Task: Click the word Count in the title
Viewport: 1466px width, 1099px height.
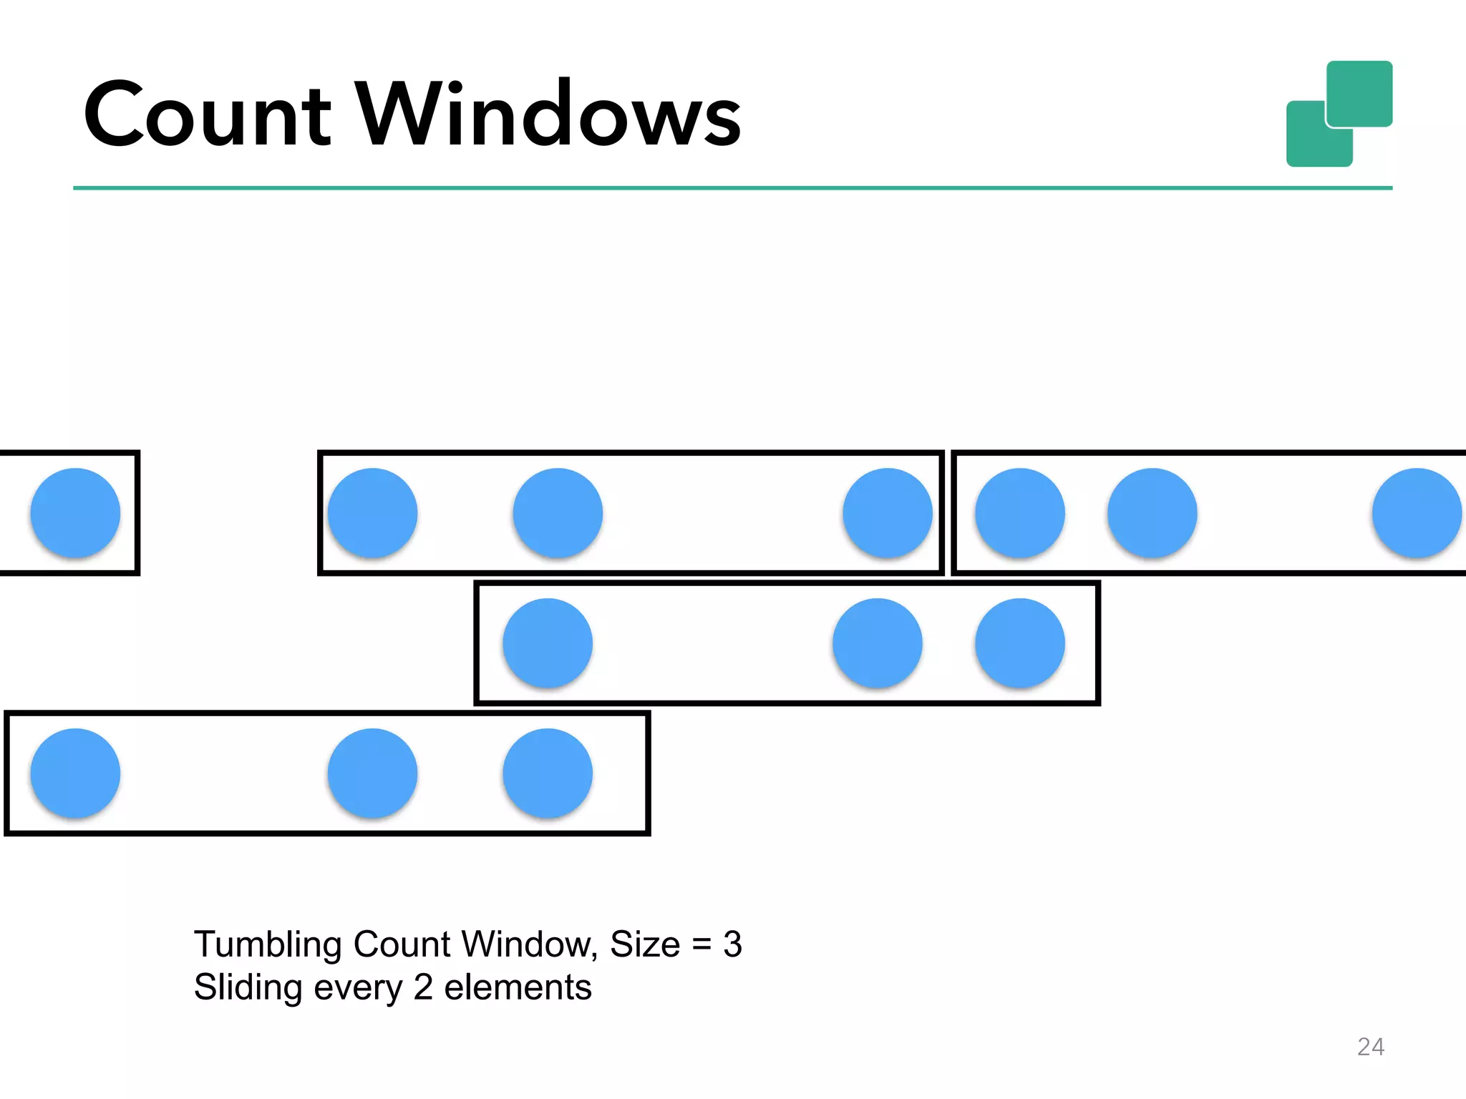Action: pyautogui.click(x=208, y=114)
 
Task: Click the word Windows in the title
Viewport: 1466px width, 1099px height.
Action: pyautogui.click(x=548, y=114)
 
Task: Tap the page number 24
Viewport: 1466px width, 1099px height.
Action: pyautogui.click(x=1370, y=1047)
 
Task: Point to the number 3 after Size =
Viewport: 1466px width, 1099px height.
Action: pyautogui.click(x=732, y=944)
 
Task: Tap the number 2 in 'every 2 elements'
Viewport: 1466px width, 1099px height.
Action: pyautogui.click(x=423, y=988)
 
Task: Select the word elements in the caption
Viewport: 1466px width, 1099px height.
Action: pyautogui.click(x=518, y=988)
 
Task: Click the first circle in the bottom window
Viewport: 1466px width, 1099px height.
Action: pyautogui.click(x=75, y=773)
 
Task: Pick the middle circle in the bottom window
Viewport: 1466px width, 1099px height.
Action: pyautogui.click(x=372, y=773)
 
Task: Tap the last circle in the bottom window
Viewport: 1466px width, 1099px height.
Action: pyautogui.click(x=548, y=773)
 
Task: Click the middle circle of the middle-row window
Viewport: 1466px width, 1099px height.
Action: pyautogui.click(x=877, y=643)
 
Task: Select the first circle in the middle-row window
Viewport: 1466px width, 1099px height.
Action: pyautogui.click(x=548, y=643)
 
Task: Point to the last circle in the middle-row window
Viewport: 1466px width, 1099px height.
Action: pyautogui.click(x=1020, y=643)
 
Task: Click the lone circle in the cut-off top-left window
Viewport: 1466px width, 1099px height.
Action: pyautogui.click(x=75, y=512)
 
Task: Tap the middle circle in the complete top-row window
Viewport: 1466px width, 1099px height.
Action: pyautogui.click(x=558, y=512)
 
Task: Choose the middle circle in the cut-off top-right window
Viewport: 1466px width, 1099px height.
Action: pyautogui.click(x=1152, y=512)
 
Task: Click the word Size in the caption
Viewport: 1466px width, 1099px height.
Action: pyautogui.click(x=644, y=944)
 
